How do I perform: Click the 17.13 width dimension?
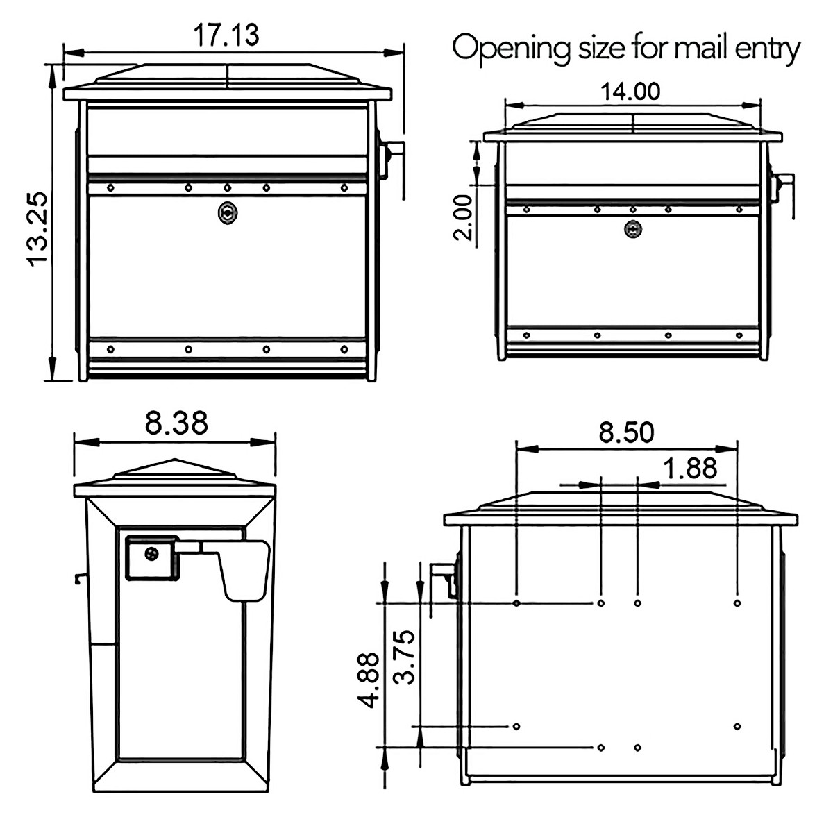click(x=226, y=35)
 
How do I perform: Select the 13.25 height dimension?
click(x=36, y=228)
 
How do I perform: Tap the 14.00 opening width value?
click(x=630, y=91)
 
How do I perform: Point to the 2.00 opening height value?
click(x=464, y=217)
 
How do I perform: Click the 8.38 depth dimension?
click(x=176, y=423)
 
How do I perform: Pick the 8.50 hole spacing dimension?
click(x=626, y=432)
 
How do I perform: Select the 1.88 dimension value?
click(x=689, y=469)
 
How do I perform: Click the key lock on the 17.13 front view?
click(x=226, y=213)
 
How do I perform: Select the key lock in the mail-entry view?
click(x=632, y=228)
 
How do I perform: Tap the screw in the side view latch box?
click(x=152, y=553)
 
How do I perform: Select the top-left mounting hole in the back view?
click(x=516, y=603)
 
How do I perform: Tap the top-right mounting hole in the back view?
click(x=737, y=603)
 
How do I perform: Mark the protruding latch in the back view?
click(x=443, y=578)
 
